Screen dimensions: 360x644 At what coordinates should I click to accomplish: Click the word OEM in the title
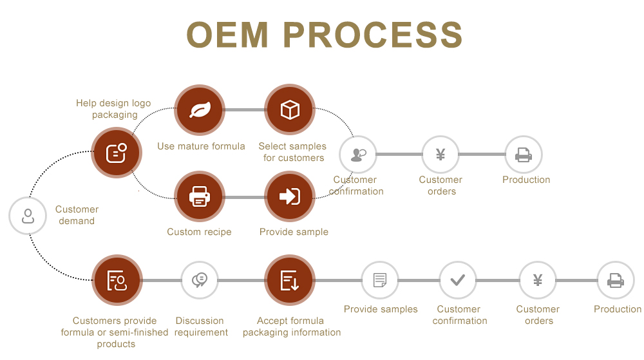coord(228,35)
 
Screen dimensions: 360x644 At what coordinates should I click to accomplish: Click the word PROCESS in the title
coord(373,35)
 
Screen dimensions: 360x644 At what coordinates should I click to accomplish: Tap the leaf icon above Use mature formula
coord(200,110)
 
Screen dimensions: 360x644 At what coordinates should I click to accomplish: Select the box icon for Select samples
coord(290,110)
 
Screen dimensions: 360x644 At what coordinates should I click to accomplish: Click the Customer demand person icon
coord(28,216)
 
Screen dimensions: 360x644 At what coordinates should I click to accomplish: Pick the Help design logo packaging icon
coord(116,153)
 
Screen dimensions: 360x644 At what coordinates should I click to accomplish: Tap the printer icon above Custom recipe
coord(200,196)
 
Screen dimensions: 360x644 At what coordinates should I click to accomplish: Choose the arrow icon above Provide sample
coord(290,196)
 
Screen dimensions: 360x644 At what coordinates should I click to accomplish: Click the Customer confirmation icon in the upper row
coord(357,155)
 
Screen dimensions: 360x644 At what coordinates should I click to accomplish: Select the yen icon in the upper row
coord(440,155)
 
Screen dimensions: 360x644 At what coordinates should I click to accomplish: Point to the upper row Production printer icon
coord(524,155)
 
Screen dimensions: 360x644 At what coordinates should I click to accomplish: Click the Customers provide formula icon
coord(116,280)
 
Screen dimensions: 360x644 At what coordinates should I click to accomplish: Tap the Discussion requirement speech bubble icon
coord(200,280)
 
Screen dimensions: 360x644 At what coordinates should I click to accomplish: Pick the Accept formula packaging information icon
coord(290,280)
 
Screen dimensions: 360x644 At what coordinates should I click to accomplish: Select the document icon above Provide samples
coord(380,280)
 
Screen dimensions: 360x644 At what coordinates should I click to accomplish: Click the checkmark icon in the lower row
coord(458,280)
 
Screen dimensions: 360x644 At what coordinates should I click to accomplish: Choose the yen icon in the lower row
coord(538,280)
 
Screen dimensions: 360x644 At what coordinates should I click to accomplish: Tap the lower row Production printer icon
coord(616,280)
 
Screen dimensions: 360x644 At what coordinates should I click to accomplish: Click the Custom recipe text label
coord(199,232)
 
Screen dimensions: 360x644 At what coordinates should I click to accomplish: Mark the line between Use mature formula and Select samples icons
coord(245,110)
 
